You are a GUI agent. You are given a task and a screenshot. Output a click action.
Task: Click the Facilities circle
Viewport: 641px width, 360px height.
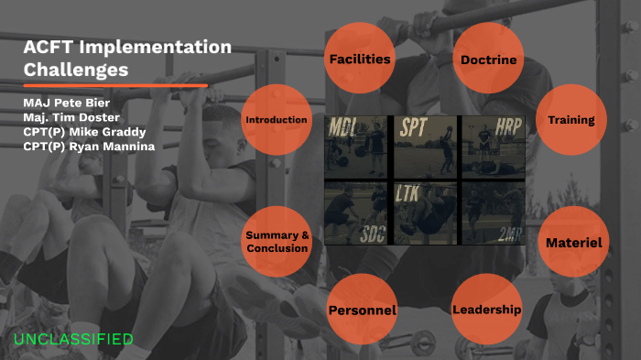pos(361,60)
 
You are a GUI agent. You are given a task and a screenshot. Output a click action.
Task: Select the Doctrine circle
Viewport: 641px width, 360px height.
pos(489,60)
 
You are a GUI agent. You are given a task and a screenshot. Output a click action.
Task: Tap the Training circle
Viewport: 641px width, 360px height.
pos(570,120)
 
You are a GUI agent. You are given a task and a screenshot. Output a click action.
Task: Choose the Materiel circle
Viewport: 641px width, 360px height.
pos(573,243)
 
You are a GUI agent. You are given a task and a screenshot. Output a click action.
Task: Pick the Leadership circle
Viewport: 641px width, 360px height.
pos(487,309)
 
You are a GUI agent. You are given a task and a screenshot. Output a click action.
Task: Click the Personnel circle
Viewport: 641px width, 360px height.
pos(362,310)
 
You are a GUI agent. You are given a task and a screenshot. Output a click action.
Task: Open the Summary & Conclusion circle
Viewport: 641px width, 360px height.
pos(277,242)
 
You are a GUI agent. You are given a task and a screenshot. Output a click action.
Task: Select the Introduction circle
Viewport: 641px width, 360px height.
pos(276,120)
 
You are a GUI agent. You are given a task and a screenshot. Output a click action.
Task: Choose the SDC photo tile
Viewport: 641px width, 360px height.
pos(358,213)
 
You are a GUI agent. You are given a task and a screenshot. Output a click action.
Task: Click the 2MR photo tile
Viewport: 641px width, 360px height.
pos(492,213)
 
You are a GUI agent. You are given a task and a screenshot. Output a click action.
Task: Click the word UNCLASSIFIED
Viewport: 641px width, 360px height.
pos(73,339)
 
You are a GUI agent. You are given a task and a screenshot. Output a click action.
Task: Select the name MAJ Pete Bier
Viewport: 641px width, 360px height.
pos(66,103)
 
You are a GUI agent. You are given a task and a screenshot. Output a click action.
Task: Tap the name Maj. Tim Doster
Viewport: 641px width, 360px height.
pos(71,117)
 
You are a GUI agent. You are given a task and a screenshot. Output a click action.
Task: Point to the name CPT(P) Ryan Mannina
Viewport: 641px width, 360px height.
pos(88,147)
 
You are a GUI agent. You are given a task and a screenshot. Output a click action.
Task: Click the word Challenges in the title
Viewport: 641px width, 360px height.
pos(76,69)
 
